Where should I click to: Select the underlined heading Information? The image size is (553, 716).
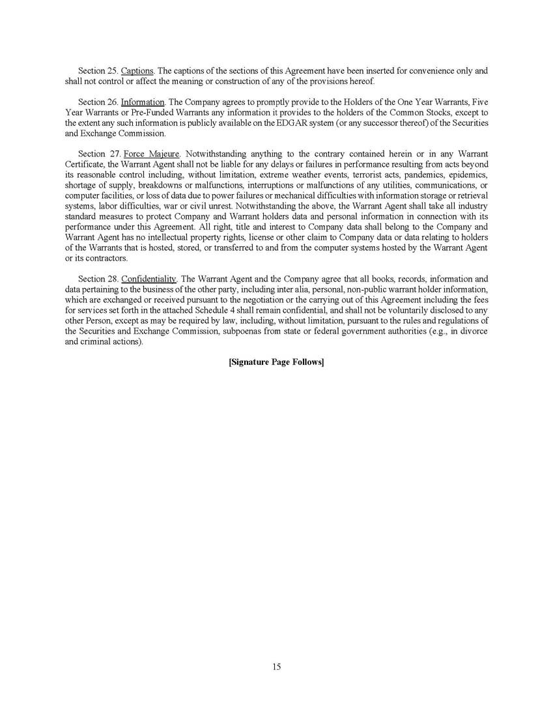[x=143, y=102]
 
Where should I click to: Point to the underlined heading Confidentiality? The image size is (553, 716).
[x=149, y=279]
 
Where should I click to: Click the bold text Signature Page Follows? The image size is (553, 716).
[x=276, y=362]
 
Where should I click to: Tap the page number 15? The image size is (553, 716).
[x=276, y=666]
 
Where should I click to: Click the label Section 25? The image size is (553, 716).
[x=98, y=70]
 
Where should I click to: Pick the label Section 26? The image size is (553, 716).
[x=98, y=102]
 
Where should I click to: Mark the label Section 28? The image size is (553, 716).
[x=98, y=279]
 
